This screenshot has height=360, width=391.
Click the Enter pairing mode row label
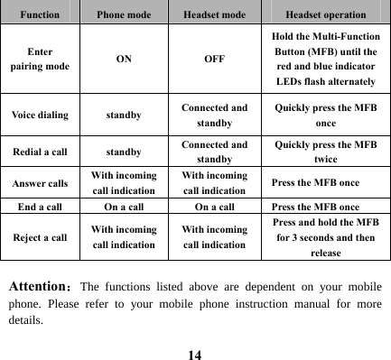(x=39, y=60)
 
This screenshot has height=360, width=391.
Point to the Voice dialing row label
(x=39, y=116)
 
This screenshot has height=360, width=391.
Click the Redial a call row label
(x=39, y=152)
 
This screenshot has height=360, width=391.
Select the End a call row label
(x=39, y=206)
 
